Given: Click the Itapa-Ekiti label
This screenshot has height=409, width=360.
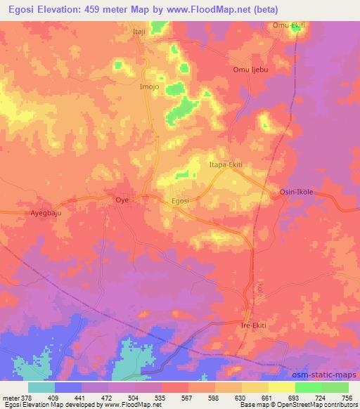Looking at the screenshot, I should click(x=226, y=164).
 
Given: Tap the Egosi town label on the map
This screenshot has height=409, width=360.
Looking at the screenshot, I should click(x=181, y=201).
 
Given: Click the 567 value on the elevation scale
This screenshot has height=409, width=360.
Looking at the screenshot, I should click(x=187, y=397).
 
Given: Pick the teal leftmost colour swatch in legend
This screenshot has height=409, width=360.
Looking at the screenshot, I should click(x=41, y=387).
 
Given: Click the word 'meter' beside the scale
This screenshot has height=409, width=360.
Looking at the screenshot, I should click(x=9, y=397).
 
